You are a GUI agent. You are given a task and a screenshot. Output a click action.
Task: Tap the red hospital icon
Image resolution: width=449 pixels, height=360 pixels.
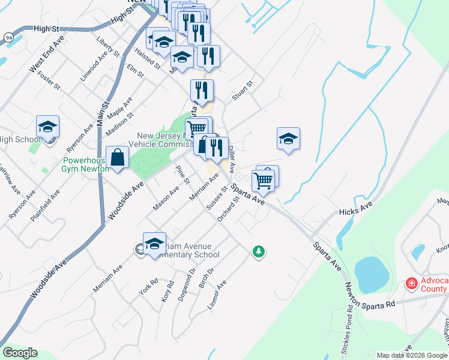(412, 283)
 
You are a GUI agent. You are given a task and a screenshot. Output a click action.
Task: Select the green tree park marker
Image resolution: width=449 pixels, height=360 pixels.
(259, 251)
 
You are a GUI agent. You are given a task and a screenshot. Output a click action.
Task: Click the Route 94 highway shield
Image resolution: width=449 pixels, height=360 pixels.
(8, 37)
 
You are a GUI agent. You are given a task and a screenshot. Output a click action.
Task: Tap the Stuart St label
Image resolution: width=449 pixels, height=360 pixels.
(244, 91)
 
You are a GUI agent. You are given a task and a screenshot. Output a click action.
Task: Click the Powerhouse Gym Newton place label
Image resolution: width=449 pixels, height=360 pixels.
(86, 164)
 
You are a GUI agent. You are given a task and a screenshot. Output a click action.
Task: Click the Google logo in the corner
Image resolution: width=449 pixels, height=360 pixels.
(20, 353)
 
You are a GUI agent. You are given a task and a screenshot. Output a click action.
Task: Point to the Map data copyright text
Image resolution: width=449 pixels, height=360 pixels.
(412, 355)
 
